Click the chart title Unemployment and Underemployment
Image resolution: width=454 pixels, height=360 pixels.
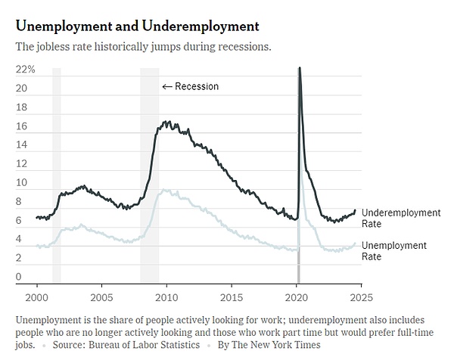pos(137,26)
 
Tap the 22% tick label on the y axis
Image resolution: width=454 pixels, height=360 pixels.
pos(26,69)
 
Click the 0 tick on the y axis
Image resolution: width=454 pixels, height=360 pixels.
pos(18,277)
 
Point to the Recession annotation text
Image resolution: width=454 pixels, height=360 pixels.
pos(197,86)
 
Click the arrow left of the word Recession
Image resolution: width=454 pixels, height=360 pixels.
pos(167,86)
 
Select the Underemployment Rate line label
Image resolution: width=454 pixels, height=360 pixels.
pos(400,218)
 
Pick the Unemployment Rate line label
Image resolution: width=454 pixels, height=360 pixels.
pos(393,250)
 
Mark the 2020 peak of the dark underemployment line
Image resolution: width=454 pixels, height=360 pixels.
pos(300,68)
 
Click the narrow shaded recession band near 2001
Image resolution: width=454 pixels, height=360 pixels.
pos(57,174)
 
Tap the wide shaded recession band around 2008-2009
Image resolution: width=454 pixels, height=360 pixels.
pos(149,174)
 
